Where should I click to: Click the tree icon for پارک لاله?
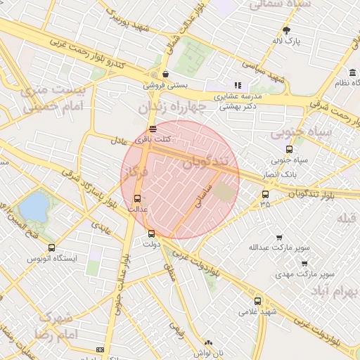point(286,30)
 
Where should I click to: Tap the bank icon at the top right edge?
point(352,72)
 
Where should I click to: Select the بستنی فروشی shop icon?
point(165,73)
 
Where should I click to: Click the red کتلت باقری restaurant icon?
point(153,128)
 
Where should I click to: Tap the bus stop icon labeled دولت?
point(151,233)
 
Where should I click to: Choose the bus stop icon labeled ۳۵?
point(265,194)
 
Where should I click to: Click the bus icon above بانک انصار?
point(289,149)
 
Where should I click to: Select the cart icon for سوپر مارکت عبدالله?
point(279,238)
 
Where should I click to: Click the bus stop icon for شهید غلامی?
point(257,300)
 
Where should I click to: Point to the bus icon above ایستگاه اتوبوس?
point(51,247)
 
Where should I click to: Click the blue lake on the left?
point(34,206)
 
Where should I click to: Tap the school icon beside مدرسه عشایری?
point(238,85)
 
